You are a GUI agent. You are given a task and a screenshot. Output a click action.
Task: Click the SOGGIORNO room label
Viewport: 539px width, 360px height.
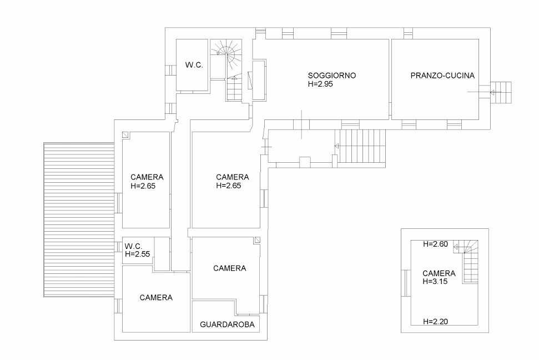(332, 76)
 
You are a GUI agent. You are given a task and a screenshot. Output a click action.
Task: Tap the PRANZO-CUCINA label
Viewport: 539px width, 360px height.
(442, 76)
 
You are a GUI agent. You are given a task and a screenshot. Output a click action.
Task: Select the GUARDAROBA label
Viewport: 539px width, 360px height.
(227, 324)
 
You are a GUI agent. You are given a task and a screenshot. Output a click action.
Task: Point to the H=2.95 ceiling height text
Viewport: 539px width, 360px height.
(320, 84)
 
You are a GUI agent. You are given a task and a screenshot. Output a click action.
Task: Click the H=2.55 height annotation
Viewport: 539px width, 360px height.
(138, 254)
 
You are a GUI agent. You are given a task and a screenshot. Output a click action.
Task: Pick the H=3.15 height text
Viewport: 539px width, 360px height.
(435, 281)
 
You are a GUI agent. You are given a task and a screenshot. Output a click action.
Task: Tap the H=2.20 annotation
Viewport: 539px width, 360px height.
(436, 322)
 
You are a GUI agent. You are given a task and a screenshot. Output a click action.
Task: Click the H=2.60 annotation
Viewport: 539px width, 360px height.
(436, 244)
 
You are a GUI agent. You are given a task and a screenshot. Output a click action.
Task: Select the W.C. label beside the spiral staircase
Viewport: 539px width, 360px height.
(194, 64)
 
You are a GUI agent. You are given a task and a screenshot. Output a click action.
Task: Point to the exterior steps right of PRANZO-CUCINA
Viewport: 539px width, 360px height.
(501, 92)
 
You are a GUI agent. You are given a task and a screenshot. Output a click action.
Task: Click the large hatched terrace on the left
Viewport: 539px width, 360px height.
(79, 219)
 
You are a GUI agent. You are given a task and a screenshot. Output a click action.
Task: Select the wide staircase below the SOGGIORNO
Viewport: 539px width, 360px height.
(361, 146)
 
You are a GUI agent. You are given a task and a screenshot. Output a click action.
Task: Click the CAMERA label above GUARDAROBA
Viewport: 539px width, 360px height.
(230, 268)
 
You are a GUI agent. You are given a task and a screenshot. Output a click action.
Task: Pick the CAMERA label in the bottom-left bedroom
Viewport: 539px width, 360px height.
(156, 297)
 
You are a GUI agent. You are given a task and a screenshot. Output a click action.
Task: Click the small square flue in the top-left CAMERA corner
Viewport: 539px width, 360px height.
(125, 135)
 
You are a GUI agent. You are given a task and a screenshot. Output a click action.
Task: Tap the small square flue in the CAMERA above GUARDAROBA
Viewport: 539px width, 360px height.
(257, 240)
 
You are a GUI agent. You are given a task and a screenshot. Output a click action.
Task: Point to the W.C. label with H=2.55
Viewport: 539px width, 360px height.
(133, 247)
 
